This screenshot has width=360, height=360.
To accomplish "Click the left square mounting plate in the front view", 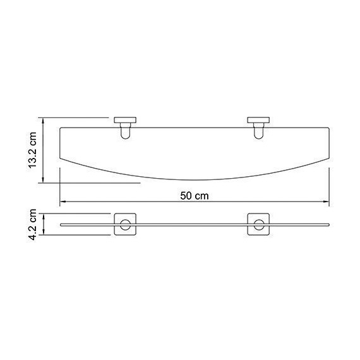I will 126,224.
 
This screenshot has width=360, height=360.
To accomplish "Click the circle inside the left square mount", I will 126,224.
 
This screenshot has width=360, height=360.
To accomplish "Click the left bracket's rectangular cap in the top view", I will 126,121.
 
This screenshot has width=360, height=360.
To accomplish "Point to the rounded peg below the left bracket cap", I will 126,132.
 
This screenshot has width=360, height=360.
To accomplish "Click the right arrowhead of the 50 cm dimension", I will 327,203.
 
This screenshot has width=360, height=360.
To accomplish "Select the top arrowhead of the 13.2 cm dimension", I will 43,120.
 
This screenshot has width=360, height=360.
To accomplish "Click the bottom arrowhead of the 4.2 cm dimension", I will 43,233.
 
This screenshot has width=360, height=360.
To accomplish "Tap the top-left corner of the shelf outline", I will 60,128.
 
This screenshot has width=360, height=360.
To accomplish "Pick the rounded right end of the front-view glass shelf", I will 328,224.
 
